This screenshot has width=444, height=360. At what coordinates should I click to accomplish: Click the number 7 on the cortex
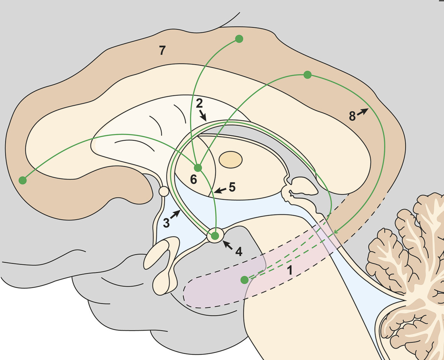(162, 51)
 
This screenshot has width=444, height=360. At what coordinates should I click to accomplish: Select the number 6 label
(194, 179)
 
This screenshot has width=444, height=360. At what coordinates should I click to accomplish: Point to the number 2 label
(199, 103)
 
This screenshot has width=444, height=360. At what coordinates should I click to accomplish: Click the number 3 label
(166, 223)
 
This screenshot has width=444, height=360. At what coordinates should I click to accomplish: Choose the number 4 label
(239, 251)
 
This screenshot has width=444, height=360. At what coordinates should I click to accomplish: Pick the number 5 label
(232, 187)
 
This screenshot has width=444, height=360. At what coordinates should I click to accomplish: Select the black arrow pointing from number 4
(228, 245)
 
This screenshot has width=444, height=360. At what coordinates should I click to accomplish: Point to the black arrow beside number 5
(220, 190)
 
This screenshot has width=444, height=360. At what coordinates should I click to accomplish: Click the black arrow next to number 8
(363, 112)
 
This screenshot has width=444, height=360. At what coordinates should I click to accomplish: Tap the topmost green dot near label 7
(239, 39)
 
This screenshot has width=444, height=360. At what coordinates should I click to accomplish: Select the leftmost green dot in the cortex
(23, 180)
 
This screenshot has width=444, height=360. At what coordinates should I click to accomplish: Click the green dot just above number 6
(198, 168)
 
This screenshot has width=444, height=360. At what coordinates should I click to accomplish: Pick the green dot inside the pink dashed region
(245, 279)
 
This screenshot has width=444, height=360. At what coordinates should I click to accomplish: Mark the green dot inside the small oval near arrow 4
(215, 236)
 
